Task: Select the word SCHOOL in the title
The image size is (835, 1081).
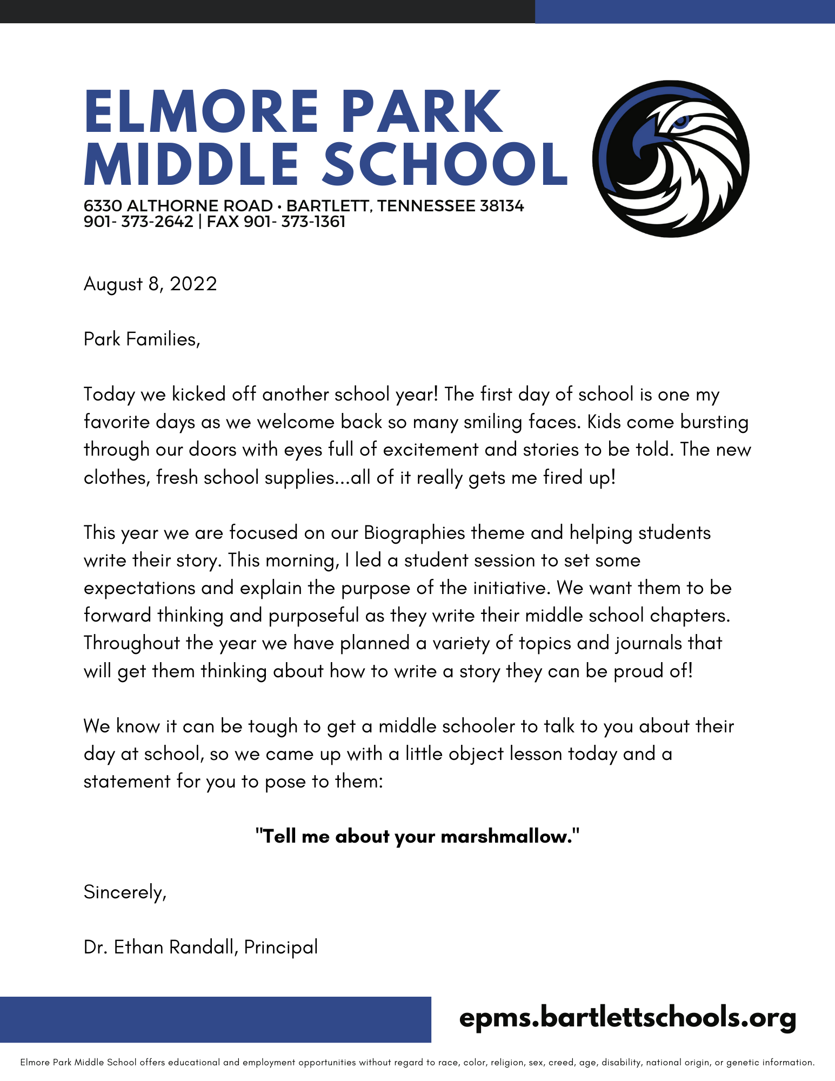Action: pos(445,164)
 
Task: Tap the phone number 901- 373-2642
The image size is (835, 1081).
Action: pos(138,222)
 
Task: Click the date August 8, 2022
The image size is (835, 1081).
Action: pos(150,284)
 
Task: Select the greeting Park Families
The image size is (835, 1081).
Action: pos(142,339)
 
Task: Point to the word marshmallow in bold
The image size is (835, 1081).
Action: pos(505,836)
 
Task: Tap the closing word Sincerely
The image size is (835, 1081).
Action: pos(124,892)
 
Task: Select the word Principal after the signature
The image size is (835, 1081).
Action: pos(281,947)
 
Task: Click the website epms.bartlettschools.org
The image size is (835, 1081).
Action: pos(627,1018)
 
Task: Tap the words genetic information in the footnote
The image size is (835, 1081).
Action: pos(770,1063)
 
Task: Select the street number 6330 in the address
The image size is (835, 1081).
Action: pos(103,206)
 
